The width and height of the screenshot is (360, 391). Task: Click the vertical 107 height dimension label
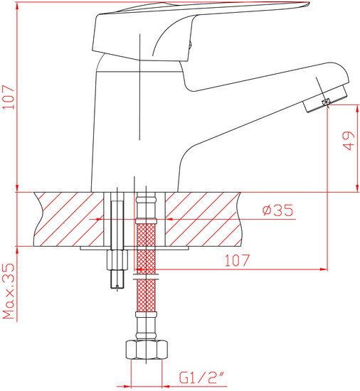[8, 97]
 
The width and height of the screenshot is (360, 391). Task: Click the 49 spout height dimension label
[348, 141]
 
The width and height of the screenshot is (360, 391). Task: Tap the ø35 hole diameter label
[277, 210]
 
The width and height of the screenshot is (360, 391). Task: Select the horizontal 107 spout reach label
[237, 260]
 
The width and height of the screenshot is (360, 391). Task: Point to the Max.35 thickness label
[9, 291]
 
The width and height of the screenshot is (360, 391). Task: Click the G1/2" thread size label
[203, 377]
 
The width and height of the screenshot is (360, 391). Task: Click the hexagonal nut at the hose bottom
[146, 349]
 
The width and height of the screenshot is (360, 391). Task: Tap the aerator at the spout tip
[325, 100]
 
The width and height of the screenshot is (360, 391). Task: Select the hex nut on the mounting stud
[117, 260]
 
